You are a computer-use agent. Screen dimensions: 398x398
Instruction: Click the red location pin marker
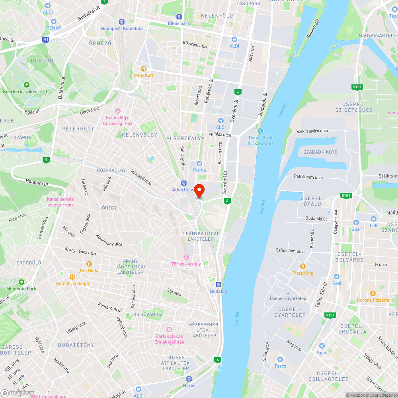199,191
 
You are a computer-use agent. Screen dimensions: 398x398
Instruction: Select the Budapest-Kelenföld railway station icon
122,22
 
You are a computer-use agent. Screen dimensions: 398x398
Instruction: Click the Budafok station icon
219,285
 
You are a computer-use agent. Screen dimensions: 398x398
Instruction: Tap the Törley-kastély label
186,263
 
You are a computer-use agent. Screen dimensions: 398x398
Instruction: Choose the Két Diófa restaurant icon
89,264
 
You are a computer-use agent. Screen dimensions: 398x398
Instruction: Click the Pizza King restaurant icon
303,266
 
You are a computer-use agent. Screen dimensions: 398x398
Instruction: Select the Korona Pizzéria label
373,300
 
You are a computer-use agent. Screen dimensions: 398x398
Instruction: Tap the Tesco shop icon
280,359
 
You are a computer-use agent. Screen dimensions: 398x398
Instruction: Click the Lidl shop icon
373,219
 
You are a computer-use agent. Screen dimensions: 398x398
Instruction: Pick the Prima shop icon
199,164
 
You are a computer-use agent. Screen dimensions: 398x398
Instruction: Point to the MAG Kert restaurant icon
144,68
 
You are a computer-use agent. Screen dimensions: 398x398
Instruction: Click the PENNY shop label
54,28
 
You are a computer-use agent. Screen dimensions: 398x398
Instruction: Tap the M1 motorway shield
46,40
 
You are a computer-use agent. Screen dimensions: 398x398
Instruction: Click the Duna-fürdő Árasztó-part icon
260,131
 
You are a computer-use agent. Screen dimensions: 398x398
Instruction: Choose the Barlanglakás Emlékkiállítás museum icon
169,330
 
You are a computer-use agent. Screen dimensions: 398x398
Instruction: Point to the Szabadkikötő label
320,152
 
